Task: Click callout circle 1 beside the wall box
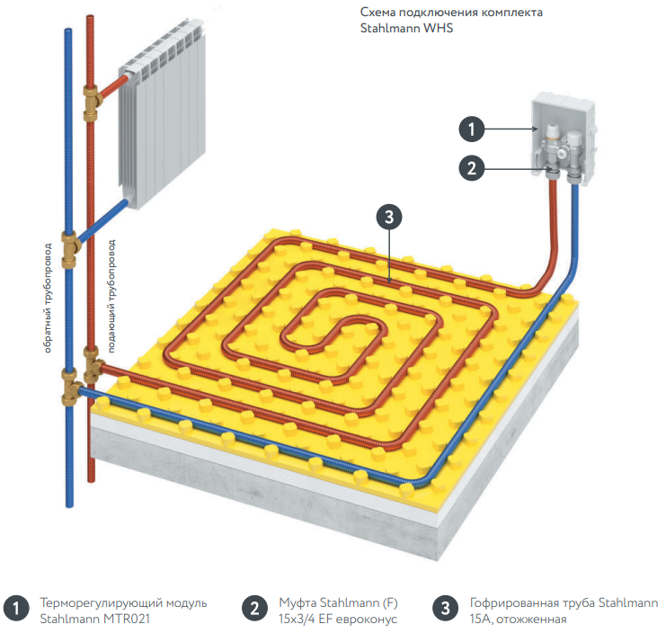point(474,128)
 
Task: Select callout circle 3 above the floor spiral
point(387,217)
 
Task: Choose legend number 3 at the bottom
point(444,609)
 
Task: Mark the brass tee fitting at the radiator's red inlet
point(91,100)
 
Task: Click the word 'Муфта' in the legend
point(297,602)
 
